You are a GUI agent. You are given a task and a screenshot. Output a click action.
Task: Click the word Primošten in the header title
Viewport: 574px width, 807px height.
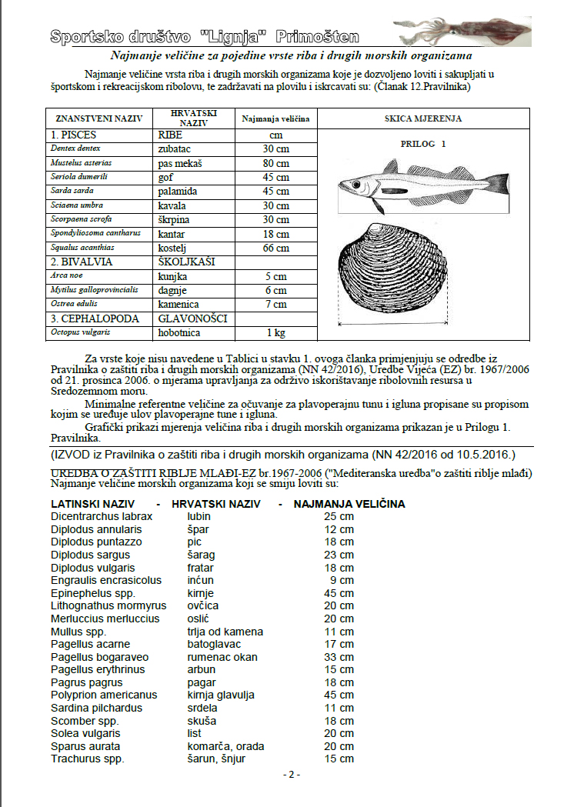(x=318, y=36)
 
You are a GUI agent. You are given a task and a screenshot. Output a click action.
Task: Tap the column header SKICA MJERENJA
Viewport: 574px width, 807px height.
(x=423, y=119)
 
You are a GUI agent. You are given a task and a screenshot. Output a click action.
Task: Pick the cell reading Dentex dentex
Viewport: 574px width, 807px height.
(x=76, y=148)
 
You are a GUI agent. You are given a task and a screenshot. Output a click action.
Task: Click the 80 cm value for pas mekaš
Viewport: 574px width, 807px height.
(x=275, y=163)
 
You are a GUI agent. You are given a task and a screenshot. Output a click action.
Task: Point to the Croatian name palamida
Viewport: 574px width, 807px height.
(x=178, y=191)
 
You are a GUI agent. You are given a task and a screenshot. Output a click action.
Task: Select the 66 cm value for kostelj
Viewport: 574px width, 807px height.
(x=275, y=248)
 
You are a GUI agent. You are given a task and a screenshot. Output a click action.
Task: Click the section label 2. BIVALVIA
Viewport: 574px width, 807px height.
(x=82, y=262)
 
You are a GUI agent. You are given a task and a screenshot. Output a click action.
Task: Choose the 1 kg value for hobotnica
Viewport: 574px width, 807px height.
(x=275, y=333)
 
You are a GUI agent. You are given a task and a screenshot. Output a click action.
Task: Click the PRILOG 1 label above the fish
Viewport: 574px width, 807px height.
(x=423, y=144)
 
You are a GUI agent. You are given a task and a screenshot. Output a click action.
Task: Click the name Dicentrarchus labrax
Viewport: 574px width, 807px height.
(x=102, y=516)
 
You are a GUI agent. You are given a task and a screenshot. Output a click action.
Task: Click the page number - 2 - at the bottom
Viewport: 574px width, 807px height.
(x=291, y=775)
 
